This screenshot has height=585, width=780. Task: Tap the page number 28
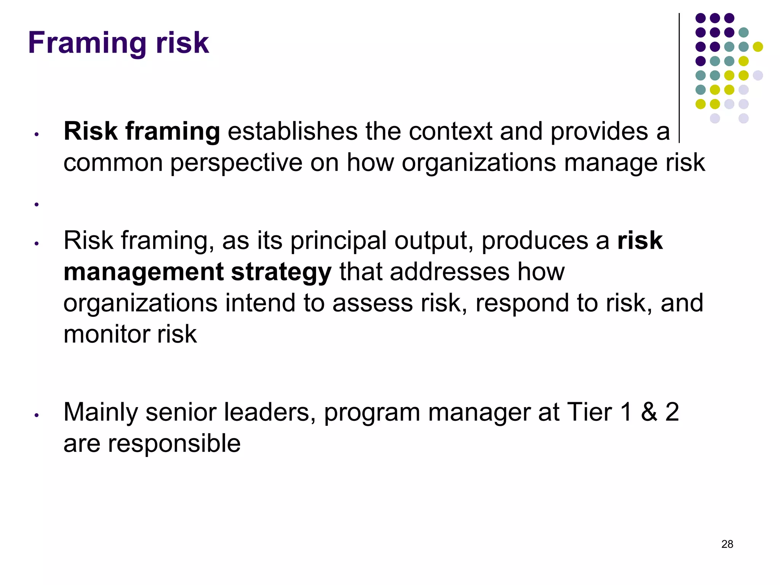click(727, 544)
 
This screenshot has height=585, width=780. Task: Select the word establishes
click(292, 131)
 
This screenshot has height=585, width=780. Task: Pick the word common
click(112, 163)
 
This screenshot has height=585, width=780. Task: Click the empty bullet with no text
click(37, 205)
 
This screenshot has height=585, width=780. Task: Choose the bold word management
click(144, 272)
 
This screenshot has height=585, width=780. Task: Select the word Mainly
click(100, 413)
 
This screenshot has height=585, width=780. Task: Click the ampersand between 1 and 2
click(649, 412)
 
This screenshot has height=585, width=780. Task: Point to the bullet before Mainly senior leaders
click(37, 416)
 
